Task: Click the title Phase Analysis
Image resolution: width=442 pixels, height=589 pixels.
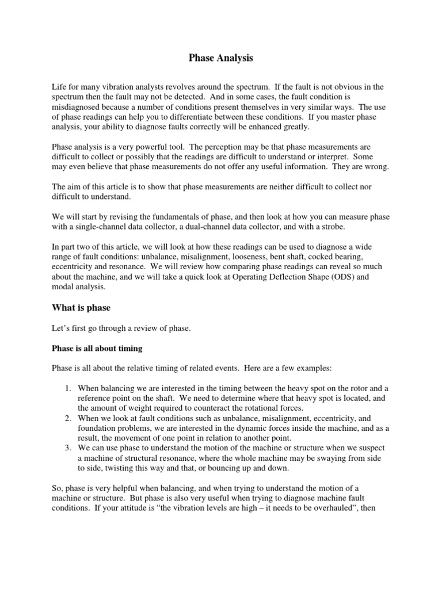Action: click(221, 58)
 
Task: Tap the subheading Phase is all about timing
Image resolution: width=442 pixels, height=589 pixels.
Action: click(97, 348)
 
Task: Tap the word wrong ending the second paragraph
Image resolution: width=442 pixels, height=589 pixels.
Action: click(376, 167)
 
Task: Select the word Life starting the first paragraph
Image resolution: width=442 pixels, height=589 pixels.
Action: click(59, 87)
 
